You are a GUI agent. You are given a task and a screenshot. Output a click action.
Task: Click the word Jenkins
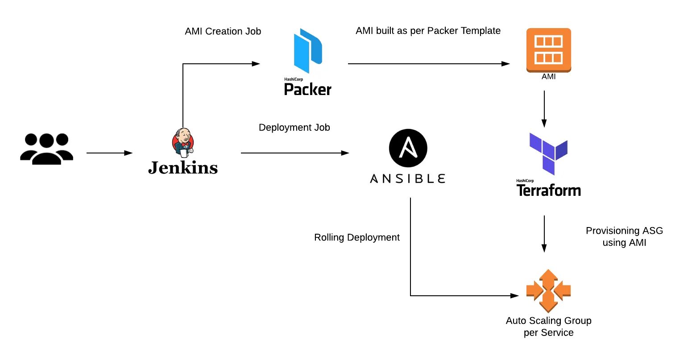coord(183,168)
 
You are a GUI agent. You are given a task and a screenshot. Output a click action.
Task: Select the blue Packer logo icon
coord(308,50)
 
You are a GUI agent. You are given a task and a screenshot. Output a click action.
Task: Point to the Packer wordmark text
coord(308,89)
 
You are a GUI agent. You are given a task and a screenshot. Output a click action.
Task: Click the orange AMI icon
coord(548,50)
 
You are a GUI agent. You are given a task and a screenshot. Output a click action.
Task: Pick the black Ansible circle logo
coord(408,148)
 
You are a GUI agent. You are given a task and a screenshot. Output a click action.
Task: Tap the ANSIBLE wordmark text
coord(408,179)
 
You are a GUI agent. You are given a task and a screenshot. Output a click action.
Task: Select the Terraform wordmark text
coord(548,190)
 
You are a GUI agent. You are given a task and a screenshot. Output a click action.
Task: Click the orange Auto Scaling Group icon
coord(548,290)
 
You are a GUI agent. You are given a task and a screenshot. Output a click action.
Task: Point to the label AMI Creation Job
coord(223,31)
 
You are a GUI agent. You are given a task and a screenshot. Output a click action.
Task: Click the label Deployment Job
coord(294,128)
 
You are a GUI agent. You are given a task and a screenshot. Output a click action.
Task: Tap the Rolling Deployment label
coord(357,237)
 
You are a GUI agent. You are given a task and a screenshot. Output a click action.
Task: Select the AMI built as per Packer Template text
coord(428,31)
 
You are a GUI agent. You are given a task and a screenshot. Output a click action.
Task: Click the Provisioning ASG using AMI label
coord(624,236)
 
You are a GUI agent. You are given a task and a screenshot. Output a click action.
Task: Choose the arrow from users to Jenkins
coord(109,153)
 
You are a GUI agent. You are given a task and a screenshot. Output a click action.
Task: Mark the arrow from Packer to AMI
coord(428,64)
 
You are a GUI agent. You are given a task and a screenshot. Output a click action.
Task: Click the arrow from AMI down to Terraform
coord(544,109)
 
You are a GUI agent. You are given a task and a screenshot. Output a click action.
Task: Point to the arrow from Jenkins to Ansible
coord(294,153)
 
